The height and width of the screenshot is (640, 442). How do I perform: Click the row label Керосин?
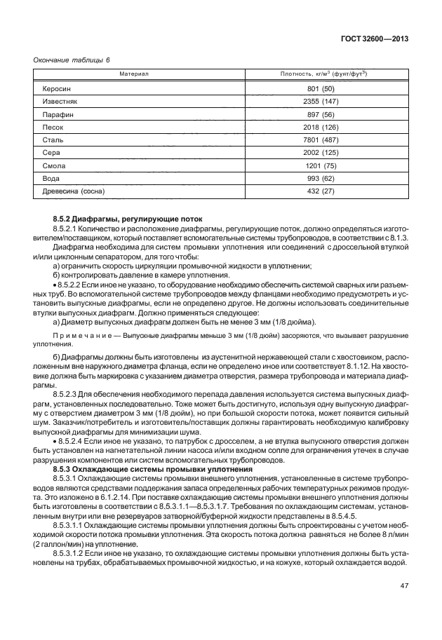pos(57,90)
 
